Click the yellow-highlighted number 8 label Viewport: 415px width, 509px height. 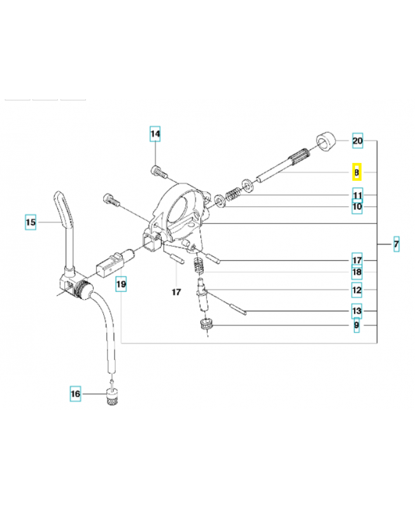coord(357,172)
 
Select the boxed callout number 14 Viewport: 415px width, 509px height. coord(155,134)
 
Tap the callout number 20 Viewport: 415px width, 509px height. coord(358,141)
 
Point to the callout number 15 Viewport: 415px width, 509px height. coord(31,222)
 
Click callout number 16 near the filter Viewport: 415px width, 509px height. coord(75,394)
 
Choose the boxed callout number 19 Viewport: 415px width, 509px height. coord(121,284)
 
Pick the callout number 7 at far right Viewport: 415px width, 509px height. coord(396,244)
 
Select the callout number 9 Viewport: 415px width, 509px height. coord(356,325)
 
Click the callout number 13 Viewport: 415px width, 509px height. coord(357,310)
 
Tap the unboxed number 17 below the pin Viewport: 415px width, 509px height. coord(176,292)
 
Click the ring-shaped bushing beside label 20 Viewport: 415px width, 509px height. coord(326,141)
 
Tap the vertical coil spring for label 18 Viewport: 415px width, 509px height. coord(198,266)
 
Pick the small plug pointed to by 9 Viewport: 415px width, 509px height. coord(206,324)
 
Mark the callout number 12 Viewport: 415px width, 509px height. coord(357,290)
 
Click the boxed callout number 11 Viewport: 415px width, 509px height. coord(358,195)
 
